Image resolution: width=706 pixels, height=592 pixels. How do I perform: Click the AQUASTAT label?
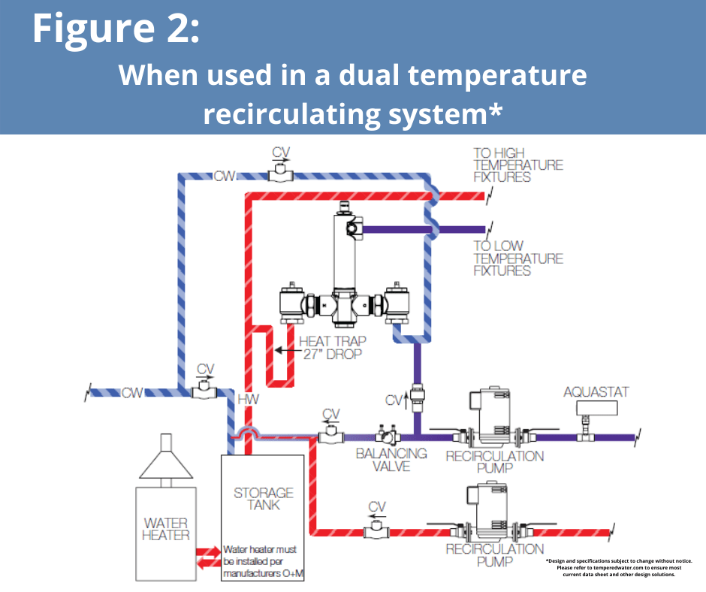(x=596, y=392)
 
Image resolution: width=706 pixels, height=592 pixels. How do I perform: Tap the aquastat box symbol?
(x=596, y=408)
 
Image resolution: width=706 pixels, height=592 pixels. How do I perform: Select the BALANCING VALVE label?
(x=391, y=460)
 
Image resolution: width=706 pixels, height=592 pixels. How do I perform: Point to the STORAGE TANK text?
(x=264, y=499)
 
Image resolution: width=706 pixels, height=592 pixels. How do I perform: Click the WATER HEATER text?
(x=166, y=529)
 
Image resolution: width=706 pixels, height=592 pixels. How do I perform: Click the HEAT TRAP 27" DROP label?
(x=333, y=347)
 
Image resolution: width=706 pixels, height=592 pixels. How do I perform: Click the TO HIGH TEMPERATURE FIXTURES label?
(x=517, y=165)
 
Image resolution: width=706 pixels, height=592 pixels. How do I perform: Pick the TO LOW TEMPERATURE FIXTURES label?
(x=517, y=258)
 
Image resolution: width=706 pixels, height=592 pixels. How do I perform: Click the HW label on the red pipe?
(x=248, y=399)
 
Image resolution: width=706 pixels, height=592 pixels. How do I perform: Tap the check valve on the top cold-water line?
(x=280, y=174)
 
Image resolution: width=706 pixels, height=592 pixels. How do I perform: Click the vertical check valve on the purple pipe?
(x=418, y=397)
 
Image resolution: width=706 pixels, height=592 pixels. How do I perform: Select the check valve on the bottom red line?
(x=376, y=530)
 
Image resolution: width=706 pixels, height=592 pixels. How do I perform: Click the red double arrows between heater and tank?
(x=209, y=557)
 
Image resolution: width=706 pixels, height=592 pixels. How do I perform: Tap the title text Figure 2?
(x=116, y=28)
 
